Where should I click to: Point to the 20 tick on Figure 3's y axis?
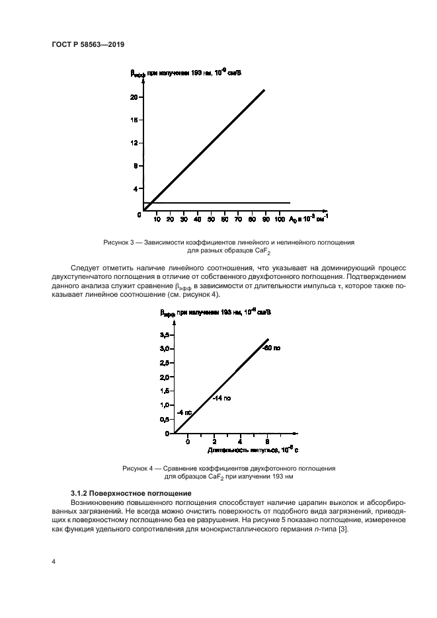(x=134, y=97)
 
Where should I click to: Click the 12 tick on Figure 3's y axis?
(x=134, y=143)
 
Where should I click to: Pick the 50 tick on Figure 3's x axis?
(x=211, y=219)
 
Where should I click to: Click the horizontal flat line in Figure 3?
(x=218, y=203)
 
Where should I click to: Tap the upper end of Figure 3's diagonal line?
(x=264, y=90)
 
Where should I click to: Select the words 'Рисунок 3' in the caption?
(x=119, y=243)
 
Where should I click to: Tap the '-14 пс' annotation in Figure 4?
(x=221, y=399)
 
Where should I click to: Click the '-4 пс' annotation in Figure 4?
(x=184, y=412)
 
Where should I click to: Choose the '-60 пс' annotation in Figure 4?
(x=272, y=348)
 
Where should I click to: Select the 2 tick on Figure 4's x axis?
(x=214, y=441)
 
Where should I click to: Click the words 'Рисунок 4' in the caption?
(x=138, y=468)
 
